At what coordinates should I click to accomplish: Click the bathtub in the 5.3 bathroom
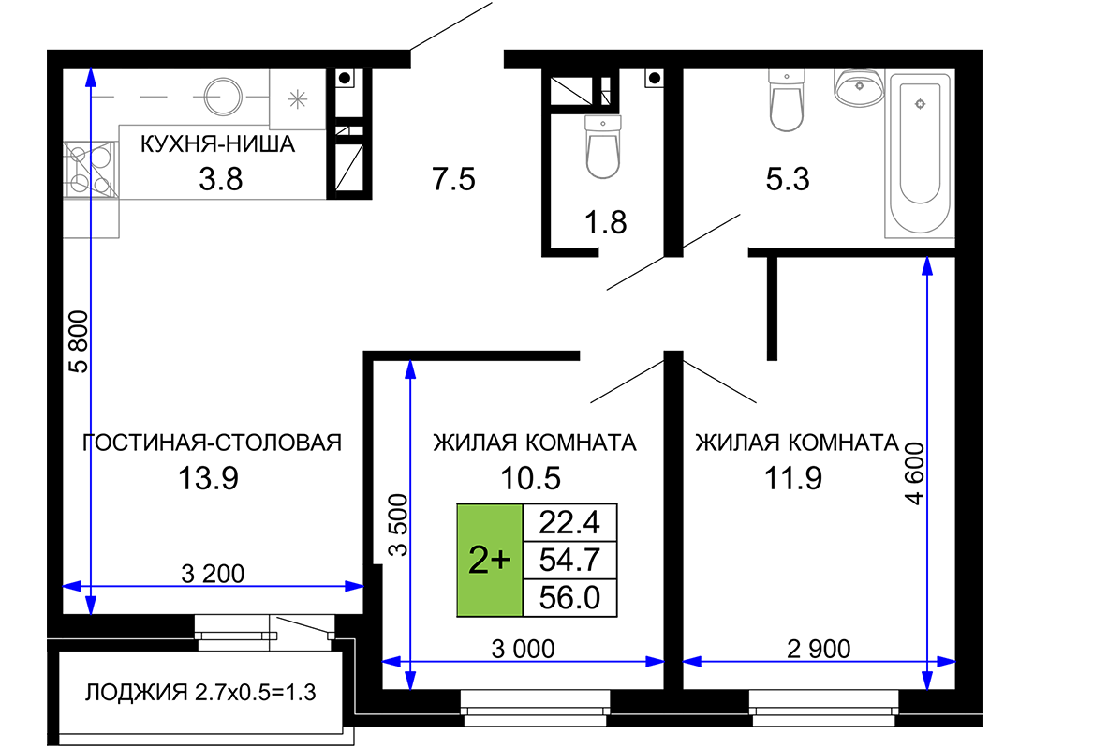click(x=920, y=154)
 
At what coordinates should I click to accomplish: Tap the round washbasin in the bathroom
click(x=860, y=87)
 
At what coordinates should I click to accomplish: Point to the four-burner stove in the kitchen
click(x=91, y=168)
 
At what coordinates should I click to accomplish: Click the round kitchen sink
click(x=223, y=96)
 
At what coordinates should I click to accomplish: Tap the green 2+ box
click(x=489, y=561)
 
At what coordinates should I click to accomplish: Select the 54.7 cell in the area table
click(x=569, y=560)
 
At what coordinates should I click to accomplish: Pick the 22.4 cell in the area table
click(x=569, y=522)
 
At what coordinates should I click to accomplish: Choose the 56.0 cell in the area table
click(x=569, y=598)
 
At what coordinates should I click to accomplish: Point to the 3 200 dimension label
click(x=213, y=574)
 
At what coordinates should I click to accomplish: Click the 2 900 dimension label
click(x=819, y=649)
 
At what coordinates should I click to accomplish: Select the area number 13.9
click(x=209, y=479)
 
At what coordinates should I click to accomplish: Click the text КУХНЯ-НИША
click(x=217, y=144)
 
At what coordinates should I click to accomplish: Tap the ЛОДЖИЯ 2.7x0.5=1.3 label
click(x=200, y=693)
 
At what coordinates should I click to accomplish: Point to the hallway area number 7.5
click(x=454, y=179)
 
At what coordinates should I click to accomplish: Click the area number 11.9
click(x=793, y=479)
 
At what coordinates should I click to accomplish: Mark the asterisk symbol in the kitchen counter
click(x=298, y=99)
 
